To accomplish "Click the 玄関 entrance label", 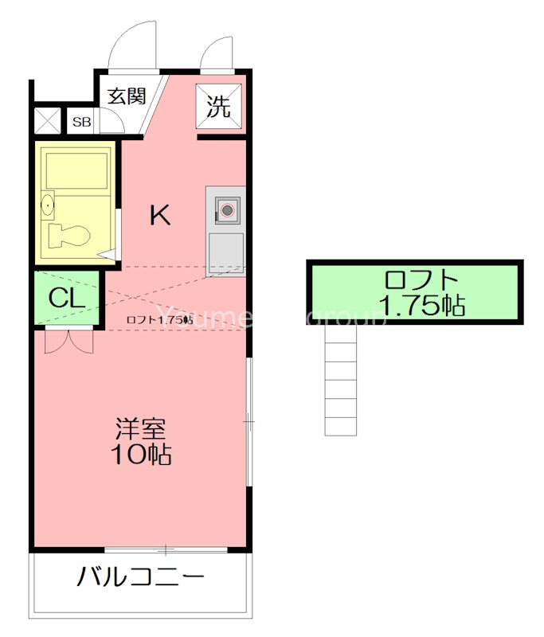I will point(127,97).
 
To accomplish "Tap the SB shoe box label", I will point(81,122).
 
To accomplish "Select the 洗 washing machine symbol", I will point(219,106).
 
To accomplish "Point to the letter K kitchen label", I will point(161,215).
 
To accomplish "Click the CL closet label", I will point(67,298).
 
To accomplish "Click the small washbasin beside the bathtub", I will point(47,206).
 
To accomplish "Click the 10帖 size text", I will point(142,455).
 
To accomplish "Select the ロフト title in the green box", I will point(421,280).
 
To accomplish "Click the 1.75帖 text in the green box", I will point(421,305).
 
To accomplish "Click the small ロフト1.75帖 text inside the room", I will point(159,320).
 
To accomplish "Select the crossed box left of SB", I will point(48,121).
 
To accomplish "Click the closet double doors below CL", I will point(67,341).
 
